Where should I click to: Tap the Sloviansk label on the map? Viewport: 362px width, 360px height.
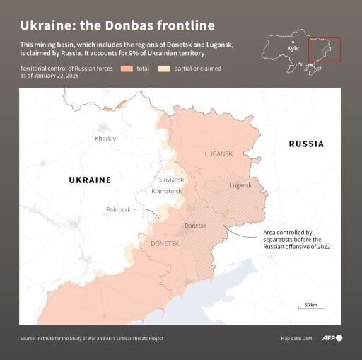tap(171, 180)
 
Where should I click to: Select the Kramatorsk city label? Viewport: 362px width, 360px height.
tap(167, 192)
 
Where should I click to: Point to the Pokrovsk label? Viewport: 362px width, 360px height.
tap(118, 210)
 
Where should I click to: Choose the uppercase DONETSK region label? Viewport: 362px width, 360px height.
tap(165, 244)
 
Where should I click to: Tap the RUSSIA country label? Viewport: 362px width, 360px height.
tap(306, 144)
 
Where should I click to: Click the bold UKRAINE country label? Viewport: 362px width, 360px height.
tap(90, 180)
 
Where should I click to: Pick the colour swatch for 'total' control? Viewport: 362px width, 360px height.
tap(127, 69)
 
